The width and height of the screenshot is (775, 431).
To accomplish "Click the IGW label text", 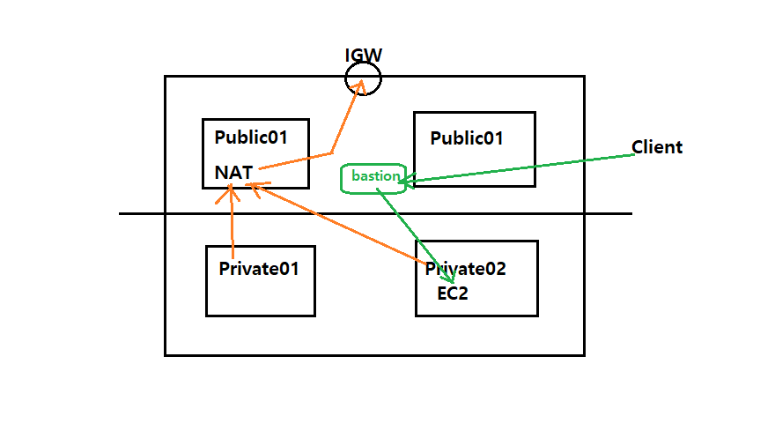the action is (x=363, y=55).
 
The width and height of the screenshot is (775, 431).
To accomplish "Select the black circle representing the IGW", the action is (x=363, y=78).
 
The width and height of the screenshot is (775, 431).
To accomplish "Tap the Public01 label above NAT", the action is (x=251, y=137).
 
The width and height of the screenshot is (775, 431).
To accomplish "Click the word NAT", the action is (x=233, y=173).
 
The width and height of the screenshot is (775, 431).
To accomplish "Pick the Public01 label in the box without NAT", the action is (x=467, y=138).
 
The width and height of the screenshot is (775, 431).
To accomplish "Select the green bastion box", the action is (x=373, y=179).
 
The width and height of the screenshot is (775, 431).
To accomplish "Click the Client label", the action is (x=657, y=147).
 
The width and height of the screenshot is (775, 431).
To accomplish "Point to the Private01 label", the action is (x=259, y=269).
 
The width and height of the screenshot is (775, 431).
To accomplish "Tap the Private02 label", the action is (x=466, y=269).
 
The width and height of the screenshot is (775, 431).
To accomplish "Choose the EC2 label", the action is (x=453, y=294).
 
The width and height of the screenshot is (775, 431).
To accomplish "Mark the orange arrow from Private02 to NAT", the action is (x=336, y=223).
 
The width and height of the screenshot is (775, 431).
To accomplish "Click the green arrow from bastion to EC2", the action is (x=415, y=235).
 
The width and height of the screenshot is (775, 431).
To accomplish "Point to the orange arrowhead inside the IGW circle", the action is (x=360, y=86).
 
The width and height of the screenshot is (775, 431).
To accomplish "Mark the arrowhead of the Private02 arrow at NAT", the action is (x=257, y=189).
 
